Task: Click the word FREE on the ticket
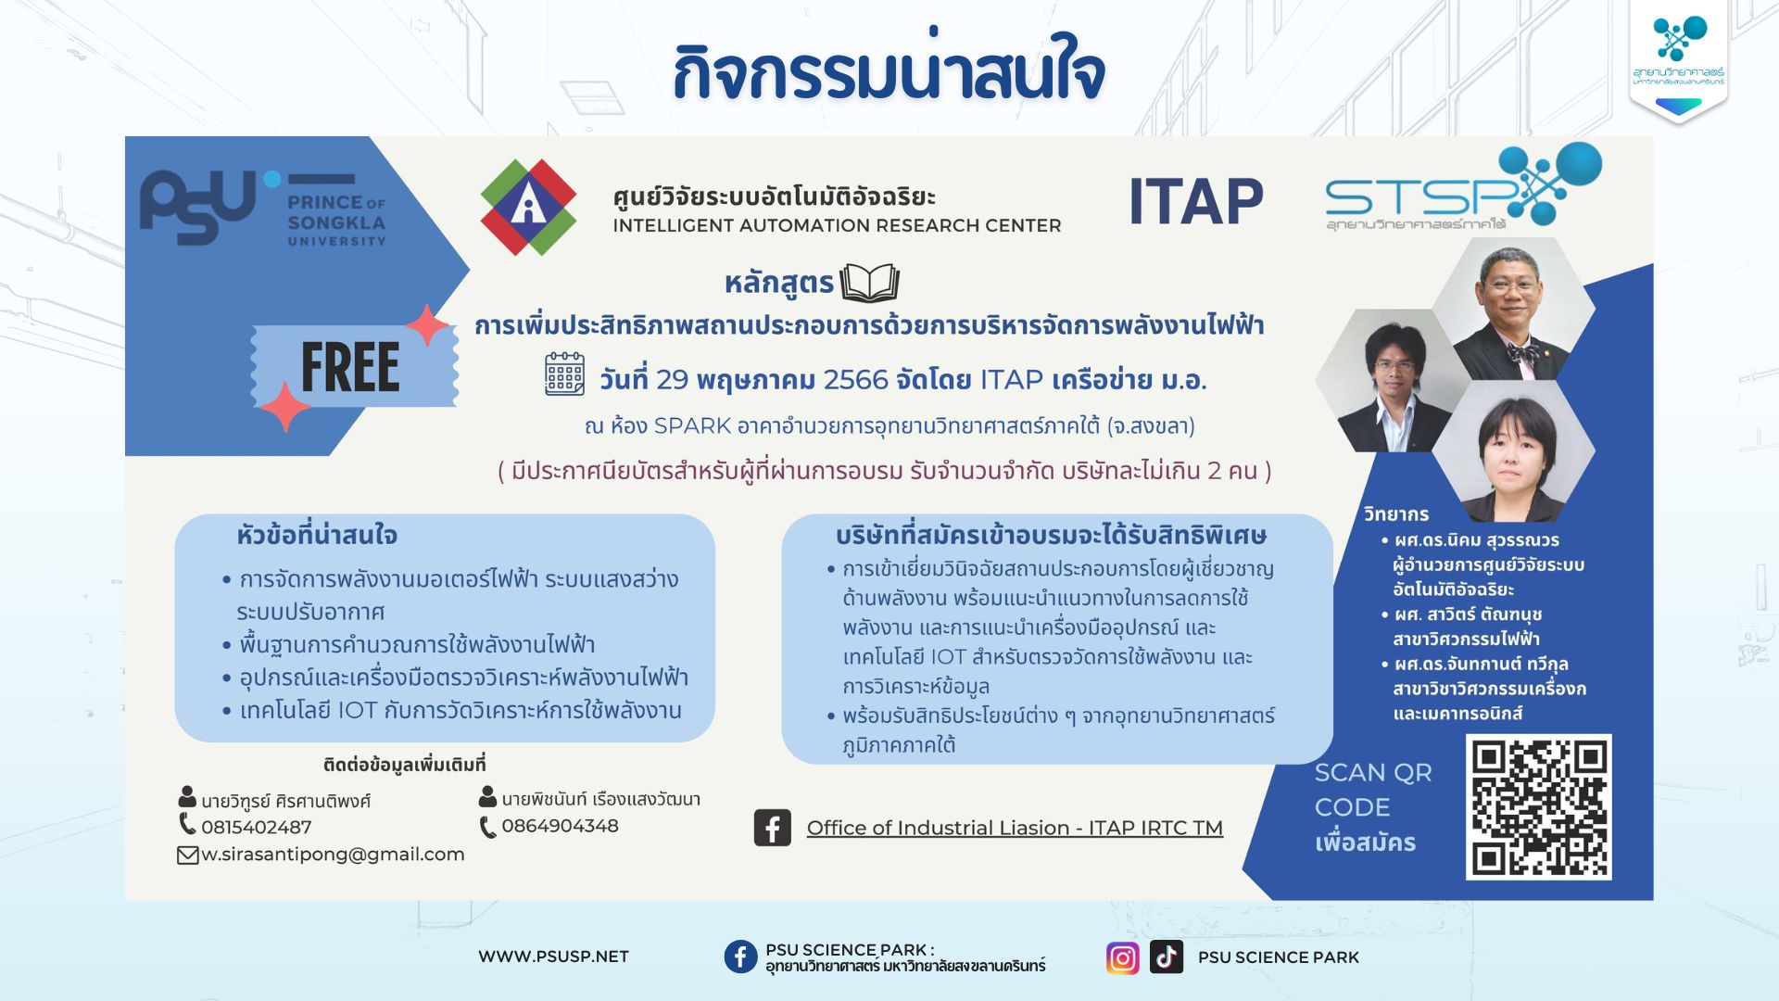pos(350,368)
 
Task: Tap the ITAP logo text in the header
pos(1196,202)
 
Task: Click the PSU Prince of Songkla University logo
pos(262,209)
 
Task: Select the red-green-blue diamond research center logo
pos(528,207)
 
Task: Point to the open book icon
pos(869,283)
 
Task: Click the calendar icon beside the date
pos(564,374)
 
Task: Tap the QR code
pos(1539,806)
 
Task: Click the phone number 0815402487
pos(256,827)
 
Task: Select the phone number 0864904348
pos(560,826)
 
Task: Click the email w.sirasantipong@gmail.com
pos(333,855)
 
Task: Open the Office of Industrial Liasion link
pos(1015,828)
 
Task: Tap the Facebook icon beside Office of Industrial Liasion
pos(773,828)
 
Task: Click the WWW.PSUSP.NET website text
pos(553,957)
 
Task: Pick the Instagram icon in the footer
pos(1122,957)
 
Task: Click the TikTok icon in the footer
pos(1167,957)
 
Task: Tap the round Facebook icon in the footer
pos(740,957)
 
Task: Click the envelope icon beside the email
pos(188,855)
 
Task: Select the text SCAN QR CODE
pos(1373,790)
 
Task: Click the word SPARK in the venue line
pos(692,426)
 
